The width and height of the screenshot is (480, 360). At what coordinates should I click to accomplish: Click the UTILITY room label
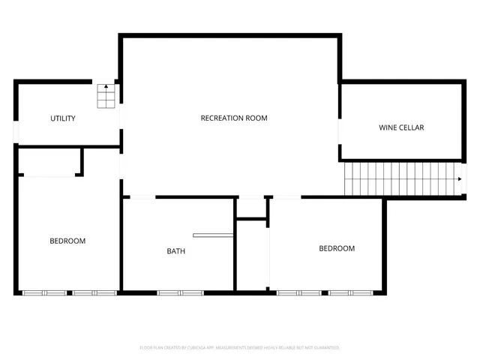(x=62, y=118)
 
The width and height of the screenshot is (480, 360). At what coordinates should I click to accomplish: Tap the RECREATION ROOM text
(x=234, y=118)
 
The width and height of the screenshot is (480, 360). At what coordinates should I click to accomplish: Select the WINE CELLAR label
(x=400, y=127)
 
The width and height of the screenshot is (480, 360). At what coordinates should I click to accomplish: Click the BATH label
(x=175, y=251)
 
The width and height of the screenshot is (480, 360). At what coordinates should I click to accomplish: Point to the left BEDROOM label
(x=67, y=241)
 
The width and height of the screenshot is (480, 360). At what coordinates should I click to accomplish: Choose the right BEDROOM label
(x=337, y=248)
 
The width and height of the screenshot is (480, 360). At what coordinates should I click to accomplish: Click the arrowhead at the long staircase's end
(x=459, y=179)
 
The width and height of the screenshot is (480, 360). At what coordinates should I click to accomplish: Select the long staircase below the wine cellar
(x=401, y=180)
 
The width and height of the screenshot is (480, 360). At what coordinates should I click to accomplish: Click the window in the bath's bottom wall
(x=180, y=292)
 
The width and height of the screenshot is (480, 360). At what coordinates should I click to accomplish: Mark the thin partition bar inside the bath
(x=213, y=235)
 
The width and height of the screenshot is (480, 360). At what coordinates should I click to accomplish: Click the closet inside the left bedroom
(x=49, y=161)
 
